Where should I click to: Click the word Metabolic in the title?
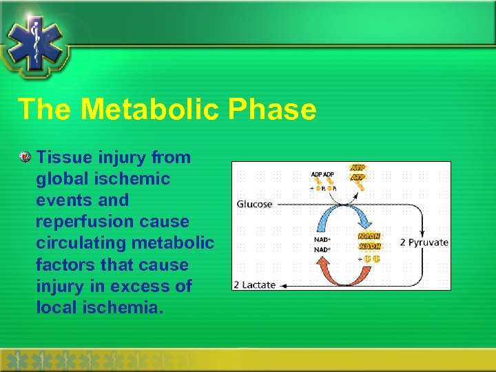(154, 109)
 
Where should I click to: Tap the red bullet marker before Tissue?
(25, 158)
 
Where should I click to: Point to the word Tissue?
(63, 157)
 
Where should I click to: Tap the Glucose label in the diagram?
(255, 205)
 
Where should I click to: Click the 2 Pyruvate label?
(424, 242)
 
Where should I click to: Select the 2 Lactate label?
(255, 284)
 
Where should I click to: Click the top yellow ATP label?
(359, 167)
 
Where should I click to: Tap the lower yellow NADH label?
(369, 246)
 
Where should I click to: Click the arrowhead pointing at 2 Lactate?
(285, 284)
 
